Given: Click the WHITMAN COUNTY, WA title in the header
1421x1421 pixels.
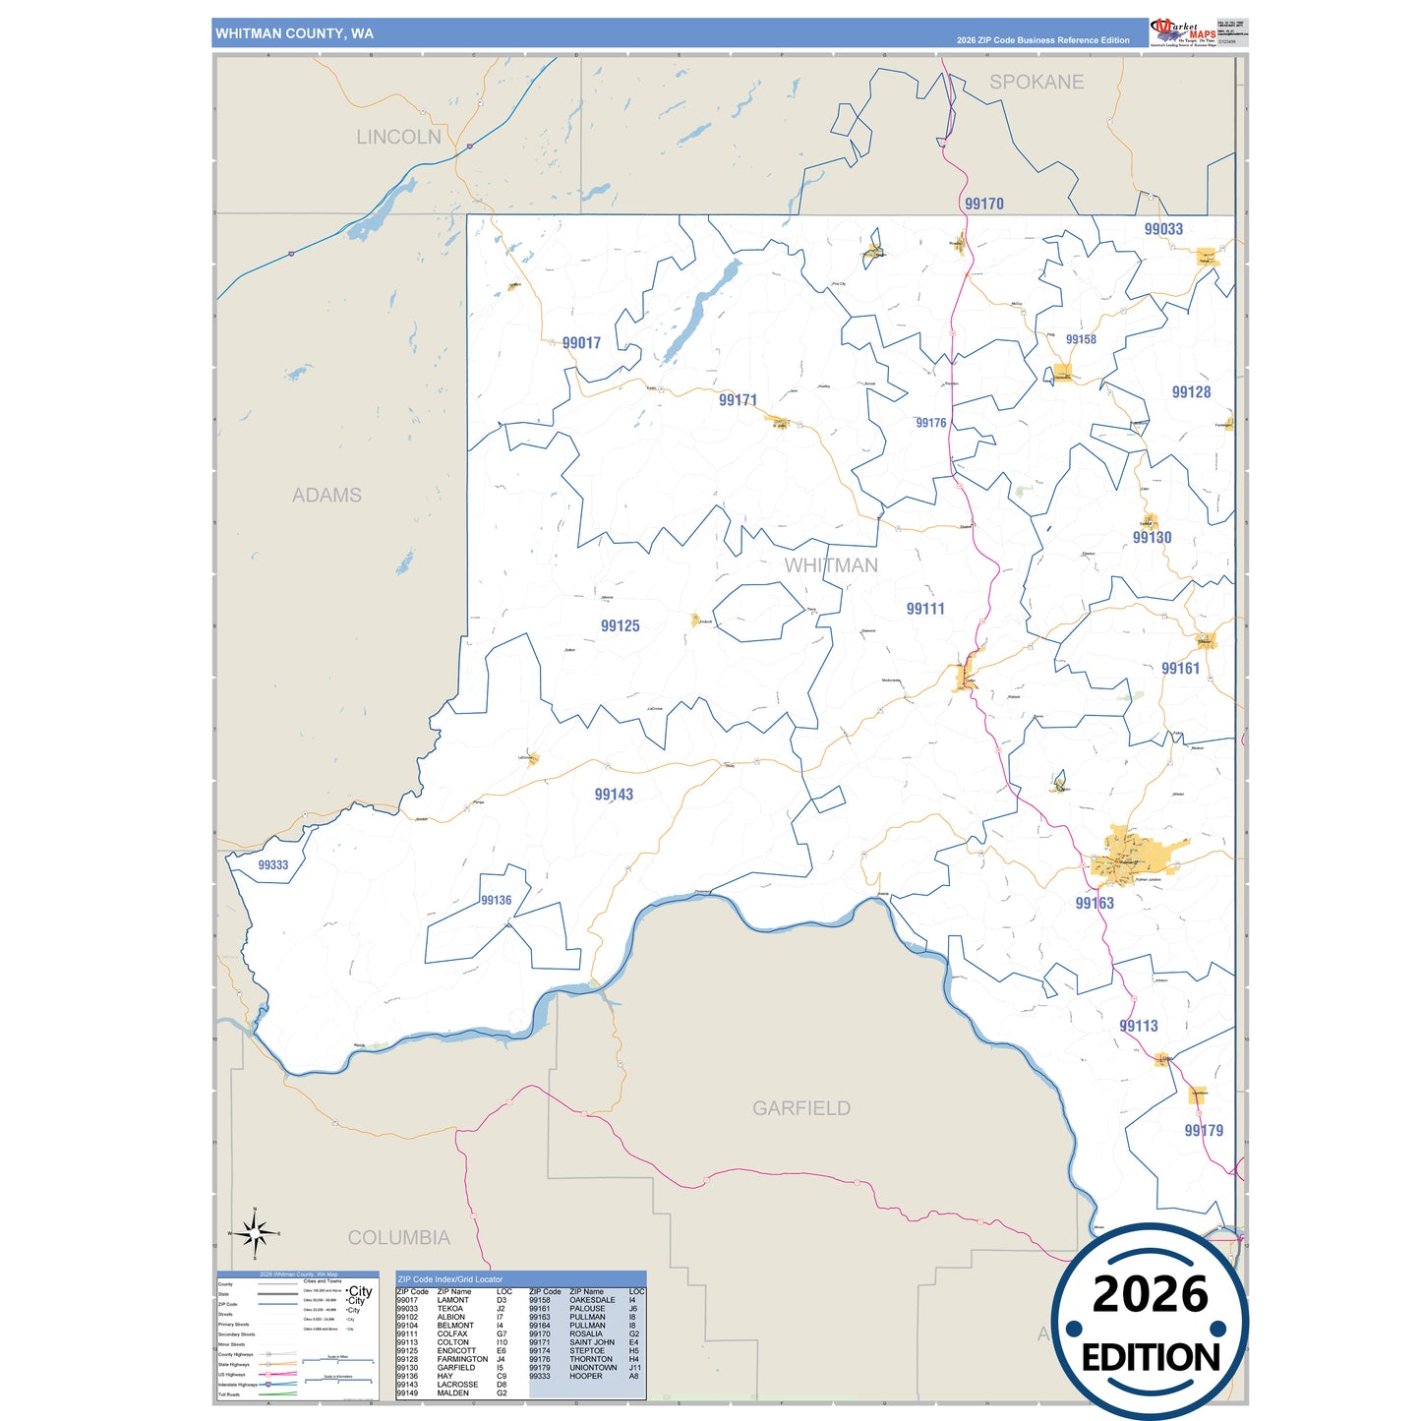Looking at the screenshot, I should pos(294,33).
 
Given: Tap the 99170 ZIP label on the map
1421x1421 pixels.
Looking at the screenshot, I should pos(983,204).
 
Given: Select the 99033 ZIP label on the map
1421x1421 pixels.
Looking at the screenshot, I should pos(1163,229).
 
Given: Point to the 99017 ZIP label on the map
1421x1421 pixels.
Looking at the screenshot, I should pos(581,343).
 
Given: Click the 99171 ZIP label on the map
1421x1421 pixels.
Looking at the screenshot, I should pos(738,400).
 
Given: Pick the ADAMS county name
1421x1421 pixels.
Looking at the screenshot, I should pos(326,496).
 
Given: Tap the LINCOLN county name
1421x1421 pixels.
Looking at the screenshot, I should pos(398,137).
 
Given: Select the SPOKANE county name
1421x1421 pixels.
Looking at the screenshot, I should pos(1036,83).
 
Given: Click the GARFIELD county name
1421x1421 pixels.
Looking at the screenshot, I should pos(801,1108).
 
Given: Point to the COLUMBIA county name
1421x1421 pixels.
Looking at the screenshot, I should pos(398,1238).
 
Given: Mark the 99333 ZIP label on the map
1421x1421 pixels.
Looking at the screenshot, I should pos(273,865).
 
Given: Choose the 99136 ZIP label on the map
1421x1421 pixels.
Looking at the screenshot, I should pos(496,900).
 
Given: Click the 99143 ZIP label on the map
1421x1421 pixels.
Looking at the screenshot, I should pos(614,795).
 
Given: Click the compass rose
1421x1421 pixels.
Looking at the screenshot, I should pos(255,1232).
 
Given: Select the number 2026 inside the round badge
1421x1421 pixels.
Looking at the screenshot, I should pos(1150,1294).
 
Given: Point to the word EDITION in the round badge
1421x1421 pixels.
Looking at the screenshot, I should pos(1151,1358).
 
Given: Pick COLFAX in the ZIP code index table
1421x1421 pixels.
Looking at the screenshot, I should pos(452,1334).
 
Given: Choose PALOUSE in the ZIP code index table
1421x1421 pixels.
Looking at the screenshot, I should pos(587,1309).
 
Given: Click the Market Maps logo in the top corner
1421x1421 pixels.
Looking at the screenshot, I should pos(1184,31).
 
